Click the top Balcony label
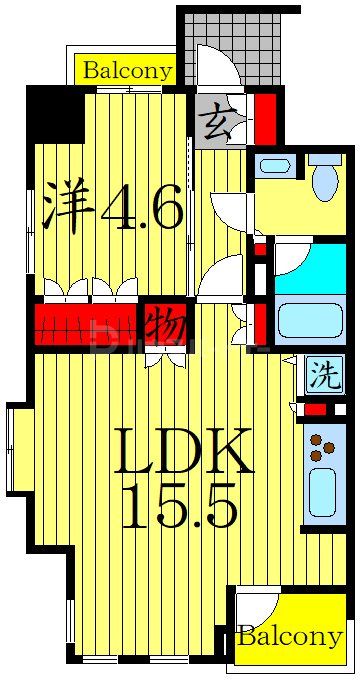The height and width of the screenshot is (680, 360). tap(127, 70)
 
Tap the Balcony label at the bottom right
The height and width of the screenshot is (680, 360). tap(290, 636)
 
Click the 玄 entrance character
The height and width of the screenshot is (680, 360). tap(216, 122)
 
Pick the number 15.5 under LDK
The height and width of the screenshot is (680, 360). tap(180, 508)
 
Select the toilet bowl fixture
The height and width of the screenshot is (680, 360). tap(325, 181)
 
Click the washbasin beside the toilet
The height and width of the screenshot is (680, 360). tap(275, 166)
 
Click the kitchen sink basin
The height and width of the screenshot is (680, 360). tap(322, 491)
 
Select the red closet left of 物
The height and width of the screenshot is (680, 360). tap(85, 326)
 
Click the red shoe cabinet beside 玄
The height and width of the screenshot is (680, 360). tap(265, 118)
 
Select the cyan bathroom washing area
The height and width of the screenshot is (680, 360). tap(310, 266)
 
